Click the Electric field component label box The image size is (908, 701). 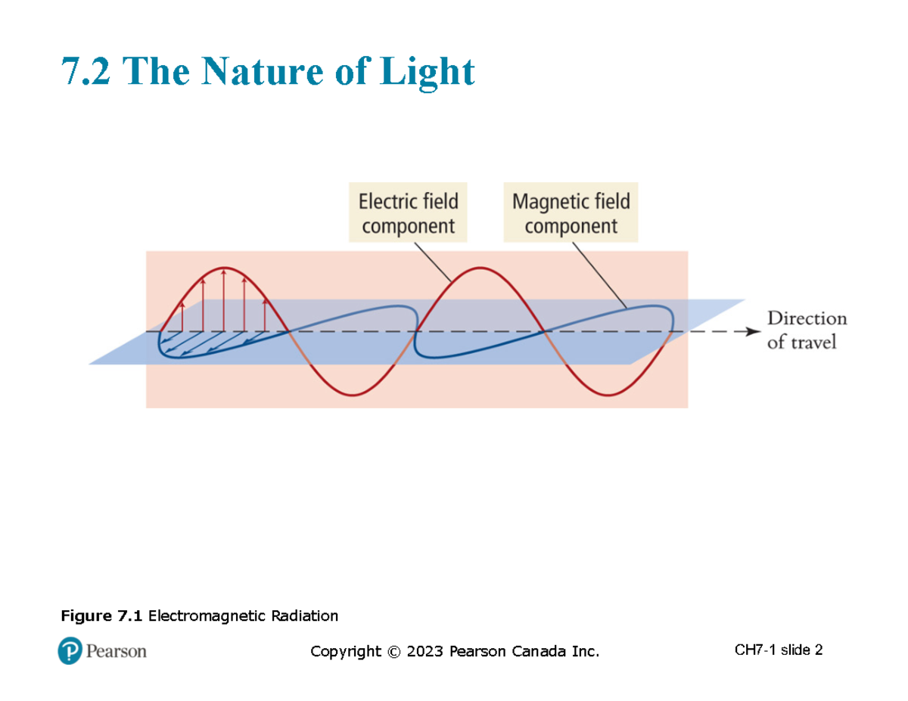408,212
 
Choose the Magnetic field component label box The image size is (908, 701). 571,212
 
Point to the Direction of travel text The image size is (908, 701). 807,330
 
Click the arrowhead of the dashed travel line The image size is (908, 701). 752,331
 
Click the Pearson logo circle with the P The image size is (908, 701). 70,650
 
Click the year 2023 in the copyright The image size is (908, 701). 425,651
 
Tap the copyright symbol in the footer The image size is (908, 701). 392,651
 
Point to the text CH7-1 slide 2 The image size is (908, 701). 778,650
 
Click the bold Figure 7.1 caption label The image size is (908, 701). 101,616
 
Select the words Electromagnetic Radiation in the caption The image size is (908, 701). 243,616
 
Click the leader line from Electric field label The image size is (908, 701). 432,262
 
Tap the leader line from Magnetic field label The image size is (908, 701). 599,273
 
